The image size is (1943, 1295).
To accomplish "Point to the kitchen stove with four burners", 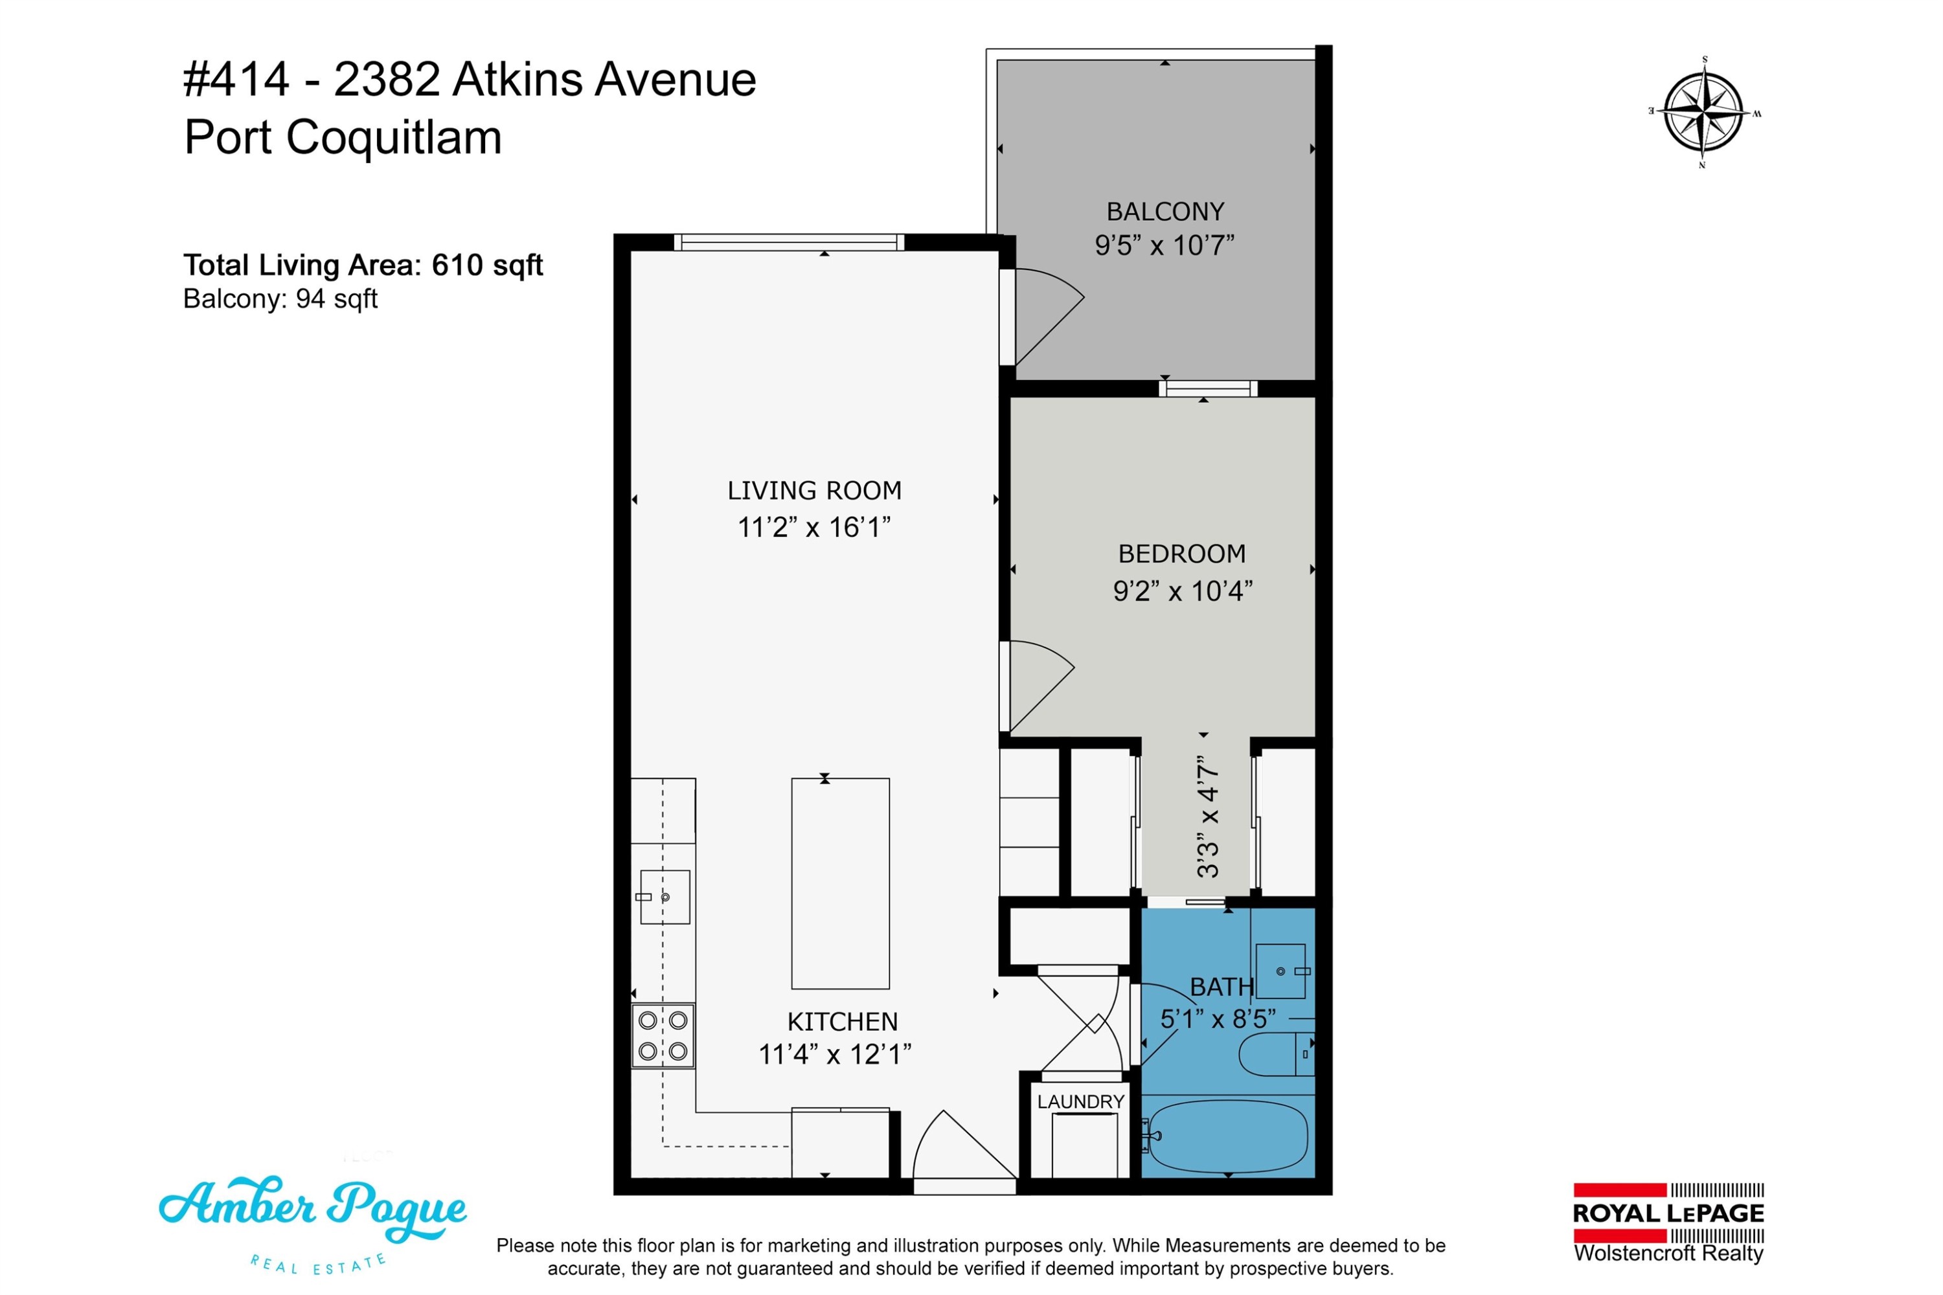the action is point(663,1037).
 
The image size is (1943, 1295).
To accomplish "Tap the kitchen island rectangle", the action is point(840,884).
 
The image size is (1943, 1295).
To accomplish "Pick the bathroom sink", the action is point(1281,971).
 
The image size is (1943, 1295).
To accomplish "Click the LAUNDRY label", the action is point(1080,1102).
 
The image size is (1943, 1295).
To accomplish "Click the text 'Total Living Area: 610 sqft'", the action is point(363,265).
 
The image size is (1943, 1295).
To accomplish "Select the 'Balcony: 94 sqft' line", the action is point(280,298).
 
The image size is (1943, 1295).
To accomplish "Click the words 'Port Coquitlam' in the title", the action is point(343,137).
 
